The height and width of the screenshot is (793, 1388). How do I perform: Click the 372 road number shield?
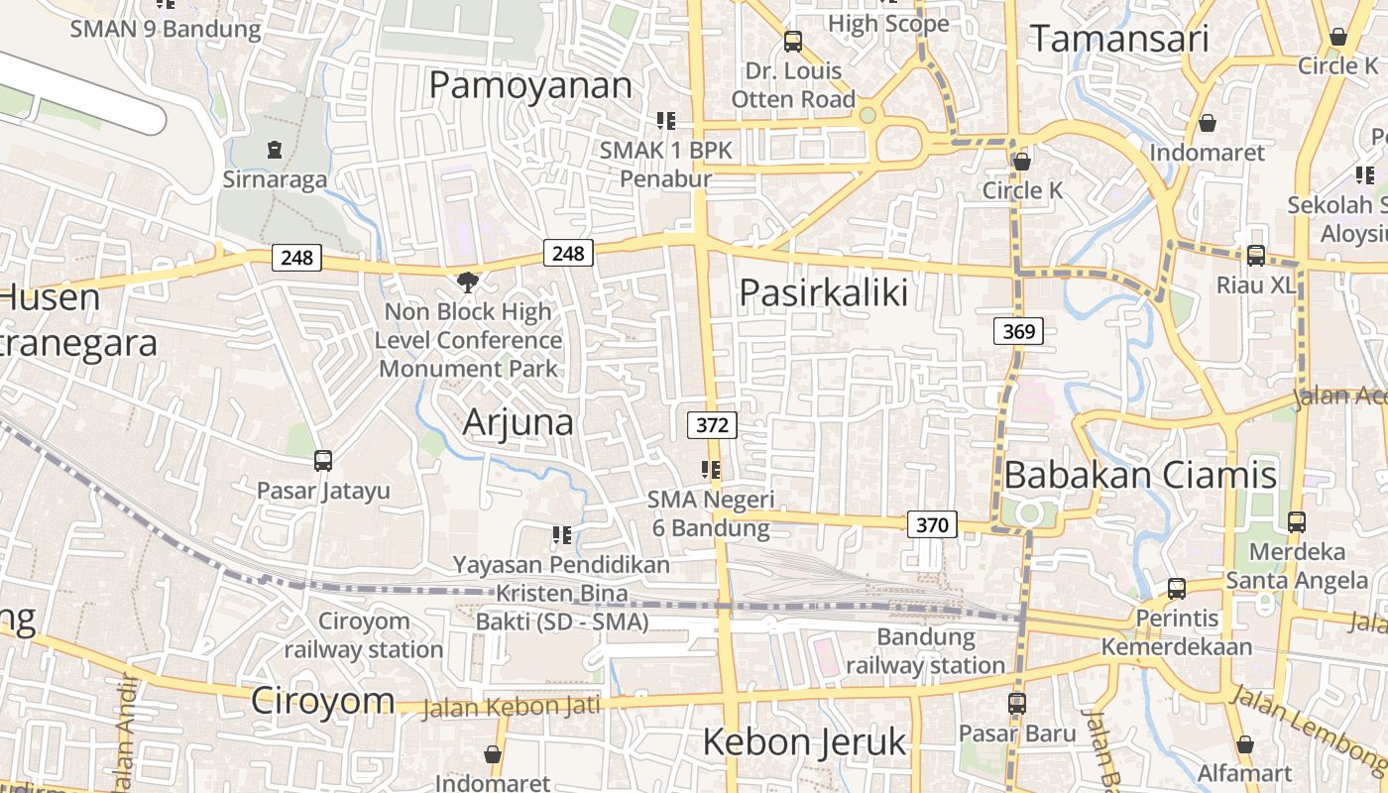712,425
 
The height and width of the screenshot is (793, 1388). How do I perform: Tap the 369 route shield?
1018,331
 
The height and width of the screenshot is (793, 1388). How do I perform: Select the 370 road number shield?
932,524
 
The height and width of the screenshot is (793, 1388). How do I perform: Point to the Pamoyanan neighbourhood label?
530,85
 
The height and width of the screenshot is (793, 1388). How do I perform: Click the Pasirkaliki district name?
824,292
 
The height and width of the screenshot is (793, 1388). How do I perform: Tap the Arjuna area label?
519,422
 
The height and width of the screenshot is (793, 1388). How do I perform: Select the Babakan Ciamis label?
1140,475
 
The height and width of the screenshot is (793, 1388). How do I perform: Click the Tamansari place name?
1119,39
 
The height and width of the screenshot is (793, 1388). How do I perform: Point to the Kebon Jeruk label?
804,741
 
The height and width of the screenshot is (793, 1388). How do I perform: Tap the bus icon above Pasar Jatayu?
323,460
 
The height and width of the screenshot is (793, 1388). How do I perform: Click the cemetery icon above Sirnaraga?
275,150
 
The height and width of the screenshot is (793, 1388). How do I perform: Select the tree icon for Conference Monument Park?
468,282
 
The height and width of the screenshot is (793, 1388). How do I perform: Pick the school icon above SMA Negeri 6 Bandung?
711,469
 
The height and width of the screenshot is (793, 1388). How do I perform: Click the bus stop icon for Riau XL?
1256,255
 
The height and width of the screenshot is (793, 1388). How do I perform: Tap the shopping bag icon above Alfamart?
1245,743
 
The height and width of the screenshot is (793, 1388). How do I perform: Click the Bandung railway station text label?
926,650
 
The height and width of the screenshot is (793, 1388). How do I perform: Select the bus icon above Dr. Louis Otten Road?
793,41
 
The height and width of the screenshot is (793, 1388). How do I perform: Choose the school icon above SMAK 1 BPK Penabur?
666,121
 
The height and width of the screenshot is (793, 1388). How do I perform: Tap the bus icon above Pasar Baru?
1017,703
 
